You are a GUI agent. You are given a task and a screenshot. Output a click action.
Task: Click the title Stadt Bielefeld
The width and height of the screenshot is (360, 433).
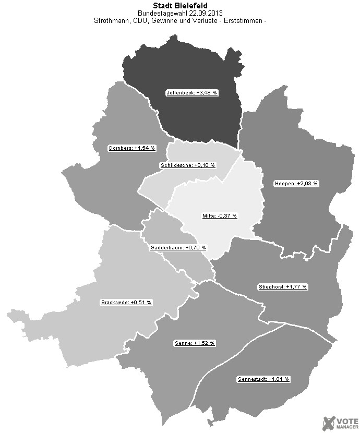coord(180,5)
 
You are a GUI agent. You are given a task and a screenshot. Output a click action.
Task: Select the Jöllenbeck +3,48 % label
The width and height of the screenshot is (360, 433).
coord(192,93)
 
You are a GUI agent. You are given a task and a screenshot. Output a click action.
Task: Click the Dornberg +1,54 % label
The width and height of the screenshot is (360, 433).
coord(132,148)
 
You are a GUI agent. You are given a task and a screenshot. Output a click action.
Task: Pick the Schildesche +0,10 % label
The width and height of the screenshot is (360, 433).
coord(187,165)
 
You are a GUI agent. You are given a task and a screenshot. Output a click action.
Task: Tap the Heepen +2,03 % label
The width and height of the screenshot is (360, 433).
coord(296,184)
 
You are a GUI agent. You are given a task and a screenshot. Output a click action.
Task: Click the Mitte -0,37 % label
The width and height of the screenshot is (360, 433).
coord(220,216)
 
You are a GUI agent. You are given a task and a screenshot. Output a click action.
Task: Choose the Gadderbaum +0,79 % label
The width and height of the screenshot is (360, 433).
coord(178,247)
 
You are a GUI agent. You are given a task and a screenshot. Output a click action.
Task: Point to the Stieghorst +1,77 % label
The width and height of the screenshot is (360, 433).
coord(283,287)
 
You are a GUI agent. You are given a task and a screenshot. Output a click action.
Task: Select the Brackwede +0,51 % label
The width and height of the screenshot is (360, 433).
coord(126,302)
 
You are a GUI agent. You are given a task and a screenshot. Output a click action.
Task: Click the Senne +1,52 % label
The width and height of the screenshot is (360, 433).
coord(194,343)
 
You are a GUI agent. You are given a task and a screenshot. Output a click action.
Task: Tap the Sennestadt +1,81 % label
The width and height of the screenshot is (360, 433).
coord(263,379)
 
